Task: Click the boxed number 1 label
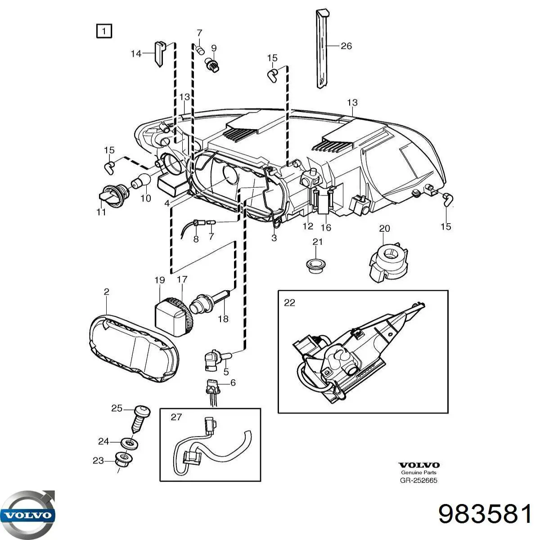103,31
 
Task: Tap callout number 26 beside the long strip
346,46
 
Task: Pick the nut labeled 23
121,460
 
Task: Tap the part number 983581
485,513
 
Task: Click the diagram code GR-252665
418,480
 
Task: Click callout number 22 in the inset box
289,302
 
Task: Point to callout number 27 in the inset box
176,417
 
